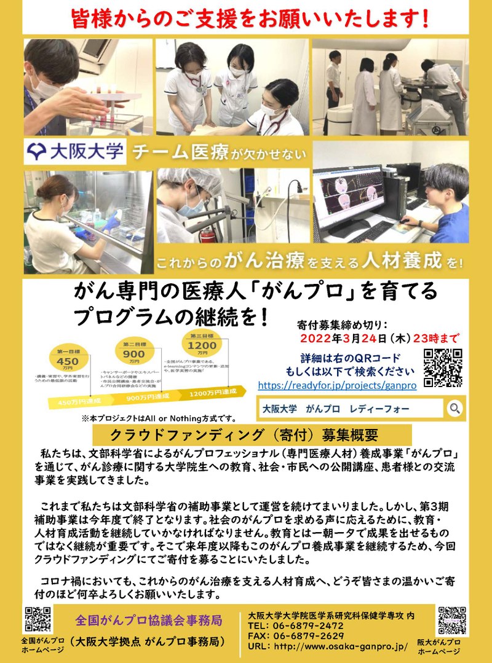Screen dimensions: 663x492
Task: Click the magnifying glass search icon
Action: pos(472,408)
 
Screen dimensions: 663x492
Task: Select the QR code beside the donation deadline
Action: pos(443,368)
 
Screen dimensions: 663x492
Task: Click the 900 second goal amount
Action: pos(134,355)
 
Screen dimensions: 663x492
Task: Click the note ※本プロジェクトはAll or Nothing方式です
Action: pos(154,418)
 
